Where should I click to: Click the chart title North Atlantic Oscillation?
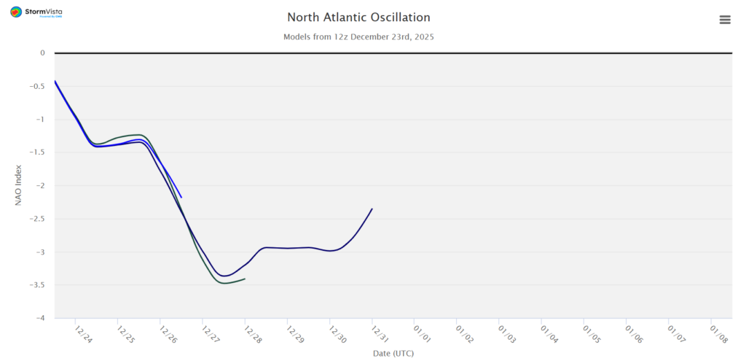[358, 17]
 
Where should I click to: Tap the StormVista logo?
[36, 12]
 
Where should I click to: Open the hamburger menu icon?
[725, 20]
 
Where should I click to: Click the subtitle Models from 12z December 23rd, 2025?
[358, 36]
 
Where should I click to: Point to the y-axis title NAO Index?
[19, 185]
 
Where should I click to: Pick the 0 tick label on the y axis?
[43, 53]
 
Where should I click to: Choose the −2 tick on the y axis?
[39, 186]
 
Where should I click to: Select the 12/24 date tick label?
[84, 335]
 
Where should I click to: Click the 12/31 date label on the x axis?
[379, 335]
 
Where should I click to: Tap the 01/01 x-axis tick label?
[421, 335]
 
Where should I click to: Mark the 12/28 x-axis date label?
[252, 335]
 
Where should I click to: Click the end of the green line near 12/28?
[245, 279]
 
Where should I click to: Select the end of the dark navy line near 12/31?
[372, 209]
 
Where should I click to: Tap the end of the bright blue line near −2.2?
[181, 198]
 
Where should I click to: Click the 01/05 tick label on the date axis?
[591, 335]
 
